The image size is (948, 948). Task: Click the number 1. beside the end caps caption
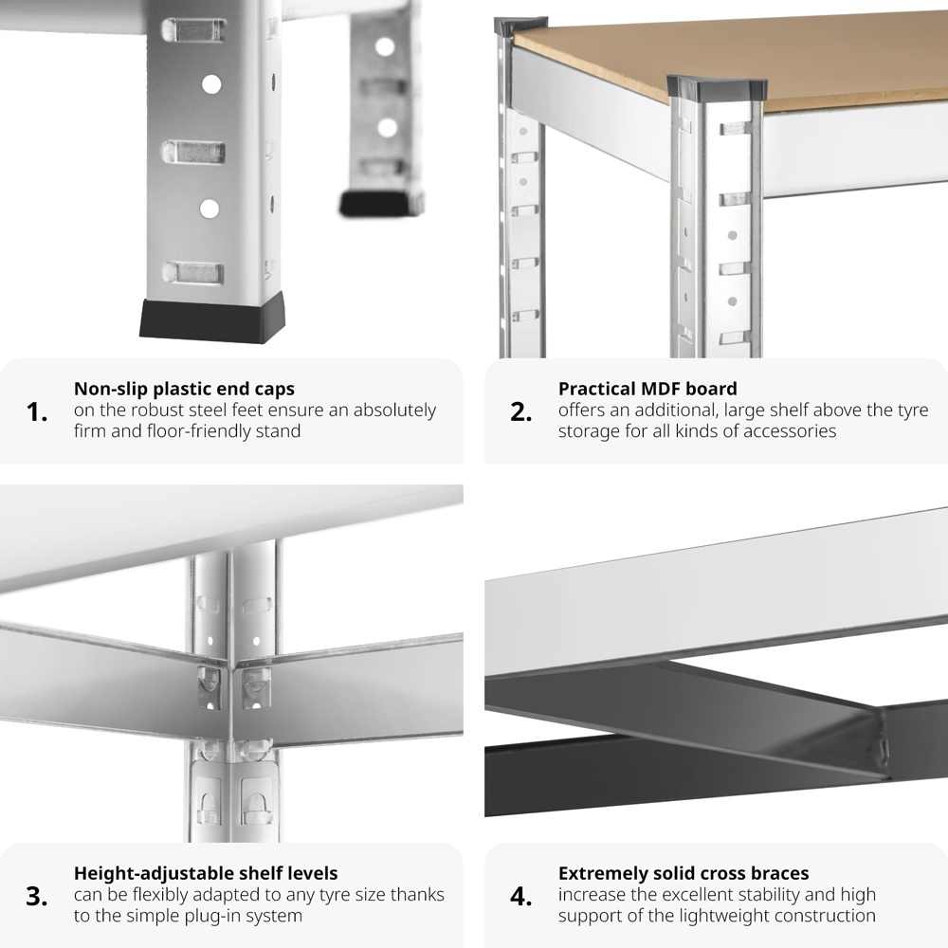click(x=37, y=412)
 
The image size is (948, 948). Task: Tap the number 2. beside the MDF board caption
click(x=521, y=412)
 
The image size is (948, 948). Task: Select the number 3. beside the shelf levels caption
click(x=37, y=897)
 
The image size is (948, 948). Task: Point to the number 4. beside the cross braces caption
click(x=521, y=897)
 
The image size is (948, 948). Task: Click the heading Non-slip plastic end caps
click(x=184, y=389)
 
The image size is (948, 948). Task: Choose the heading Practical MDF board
click(x=647, y=388)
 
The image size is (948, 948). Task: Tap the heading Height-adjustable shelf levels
click(x=206, y=874)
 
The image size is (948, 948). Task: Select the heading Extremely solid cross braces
click(x=684, y=874)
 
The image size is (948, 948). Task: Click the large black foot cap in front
click(x=212, y=319)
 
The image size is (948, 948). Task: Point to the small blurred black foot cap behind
click(x=381, y=204)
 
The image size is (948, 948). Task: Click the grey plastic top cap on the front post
click(x=718, y=88)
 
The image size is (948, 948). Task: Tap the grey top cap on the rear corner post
click(x=520, y=26)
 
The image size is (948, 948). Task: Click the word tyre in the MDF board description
click(x=913, y=410)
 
